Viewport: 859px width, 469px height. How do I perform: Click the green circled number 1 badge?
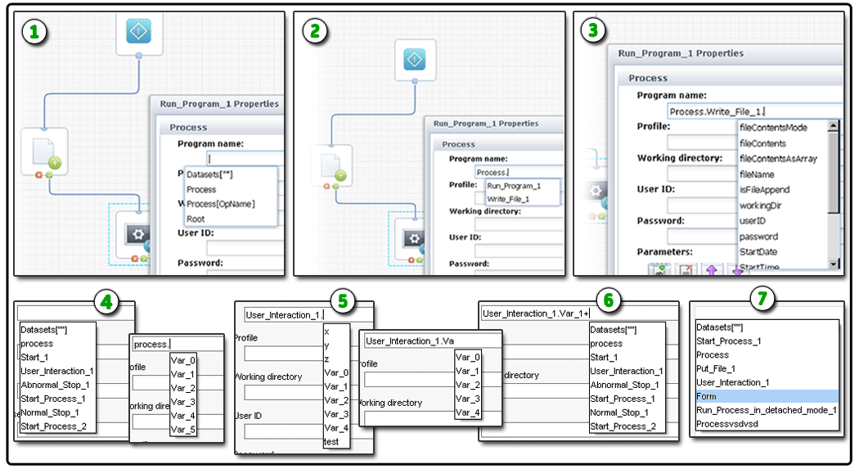point(34,32)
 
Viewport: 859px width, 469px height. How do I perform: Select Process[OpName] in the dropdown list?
point(220,204)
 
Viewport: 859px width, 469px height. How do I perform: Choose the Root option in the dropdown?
point(196,219)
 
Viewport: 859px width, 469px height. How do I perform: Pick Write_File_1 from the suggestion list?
point(509,199)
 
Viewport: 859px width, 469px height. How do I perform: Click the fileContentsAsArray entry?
point(777,159)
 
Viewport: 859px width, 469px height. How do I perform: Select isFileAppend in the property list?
point(764,190)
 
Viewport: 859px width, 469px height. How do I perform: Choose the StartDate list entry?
point(758,251)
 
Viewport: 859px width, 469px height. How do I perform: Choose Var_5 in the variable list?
point(183,429)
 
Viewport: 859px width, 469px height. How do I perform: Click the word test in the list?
point(332,441)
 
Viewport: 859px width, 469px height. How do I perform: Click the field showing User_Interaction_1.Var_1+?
point(578,313)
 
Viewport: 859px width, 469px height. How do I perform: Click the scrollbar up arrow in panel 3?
point(834,126)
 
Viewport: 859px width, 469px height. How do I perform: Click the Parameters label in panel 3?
point(665,251)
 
